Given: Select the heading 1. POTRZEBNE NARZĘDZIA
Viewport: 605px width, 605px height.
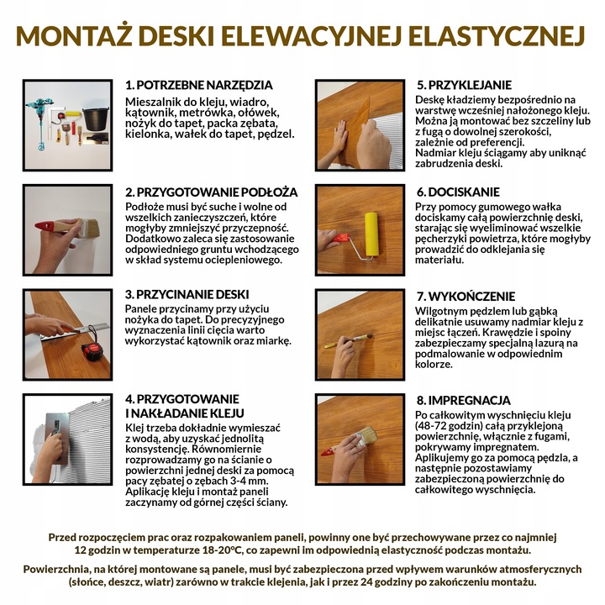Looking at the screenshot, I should pos(198,85).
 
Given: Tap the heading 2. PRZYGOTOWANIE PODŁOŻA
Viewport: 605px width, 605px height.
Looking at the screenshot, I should pos(211,192).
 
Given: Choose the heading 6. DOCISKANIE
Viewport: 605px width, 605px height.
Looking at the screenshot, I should pos(458,192).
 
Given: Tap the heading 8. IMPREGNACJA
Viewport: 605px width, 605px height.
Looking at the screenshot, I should pos(463,400).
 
